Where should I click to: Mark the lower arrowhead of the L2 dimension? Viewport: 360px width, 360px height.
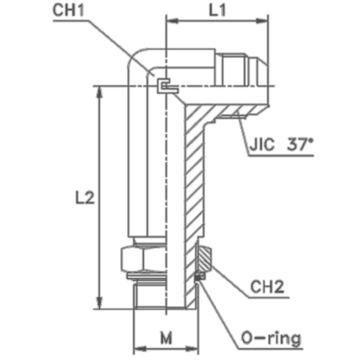[99, 305]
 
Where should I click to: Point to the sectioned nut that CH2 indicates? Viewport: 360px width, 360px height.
[202, 261]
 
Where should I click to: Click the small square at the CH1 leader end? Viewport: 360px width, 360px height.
[163, 85]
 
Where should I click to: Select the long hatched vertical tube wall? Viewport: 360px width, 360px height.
[191, 180]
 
